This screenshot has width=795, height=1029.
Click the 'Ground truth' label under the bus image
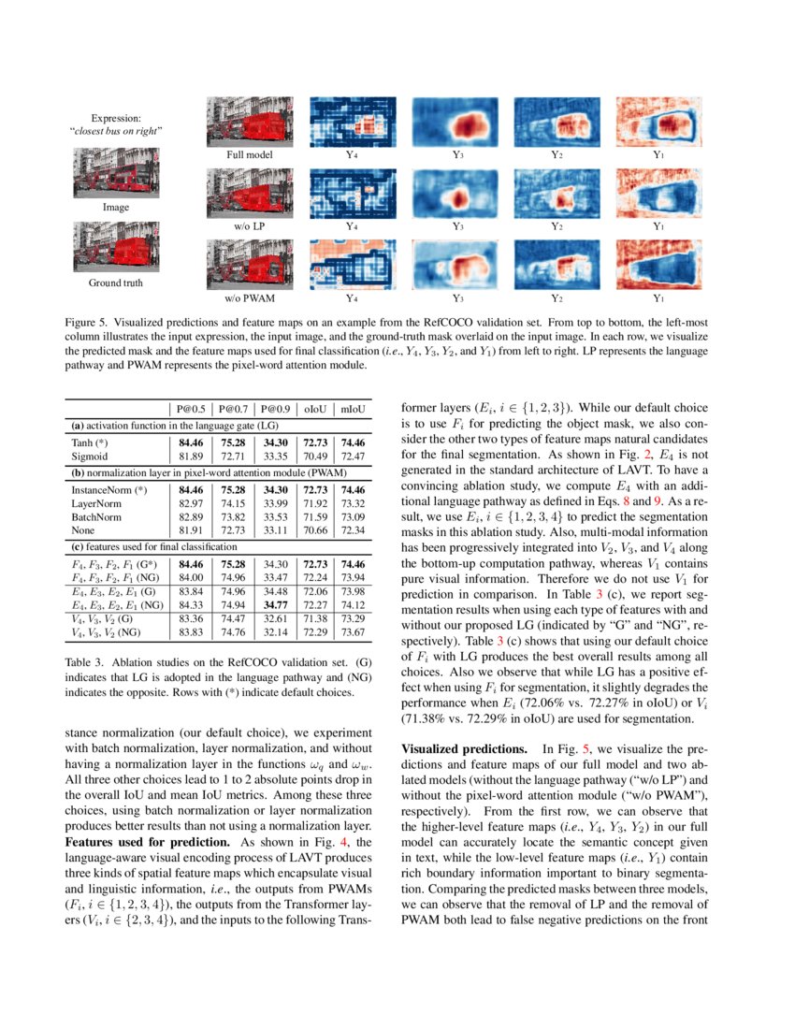117,282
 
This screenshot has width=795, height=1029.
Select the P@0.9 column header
279,408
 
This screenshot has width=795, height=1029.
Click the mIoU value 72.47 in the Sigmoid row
353,456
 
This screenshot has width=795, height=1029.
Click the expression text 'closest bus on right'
117,131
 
